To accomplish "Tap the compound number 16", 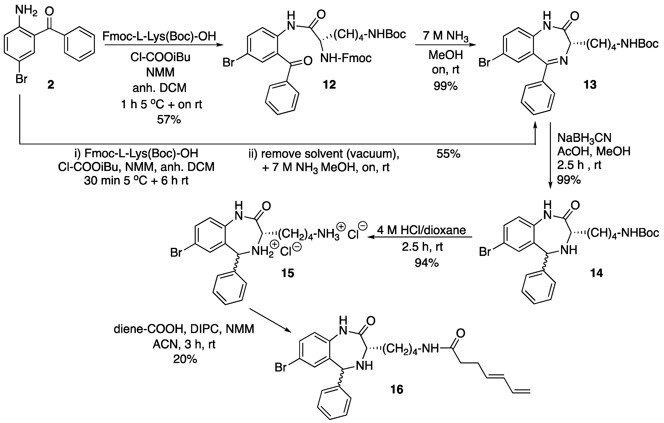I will (397, 389).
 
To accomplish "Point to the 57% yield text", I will (169, 120).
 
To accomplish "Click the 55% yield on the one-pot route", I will (448, 154).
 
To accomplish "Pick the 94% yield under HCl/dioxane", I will (427, 263).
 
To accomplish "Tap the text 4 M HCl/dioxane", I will (421, 230).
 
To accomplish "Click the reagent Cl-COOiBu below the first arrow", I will (160, 57).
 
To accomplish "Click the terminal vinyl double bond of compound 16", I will (521, 391).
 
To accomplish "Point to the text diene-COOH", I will (148, 329).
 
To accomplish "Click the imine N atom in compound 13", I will (564, 61).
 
